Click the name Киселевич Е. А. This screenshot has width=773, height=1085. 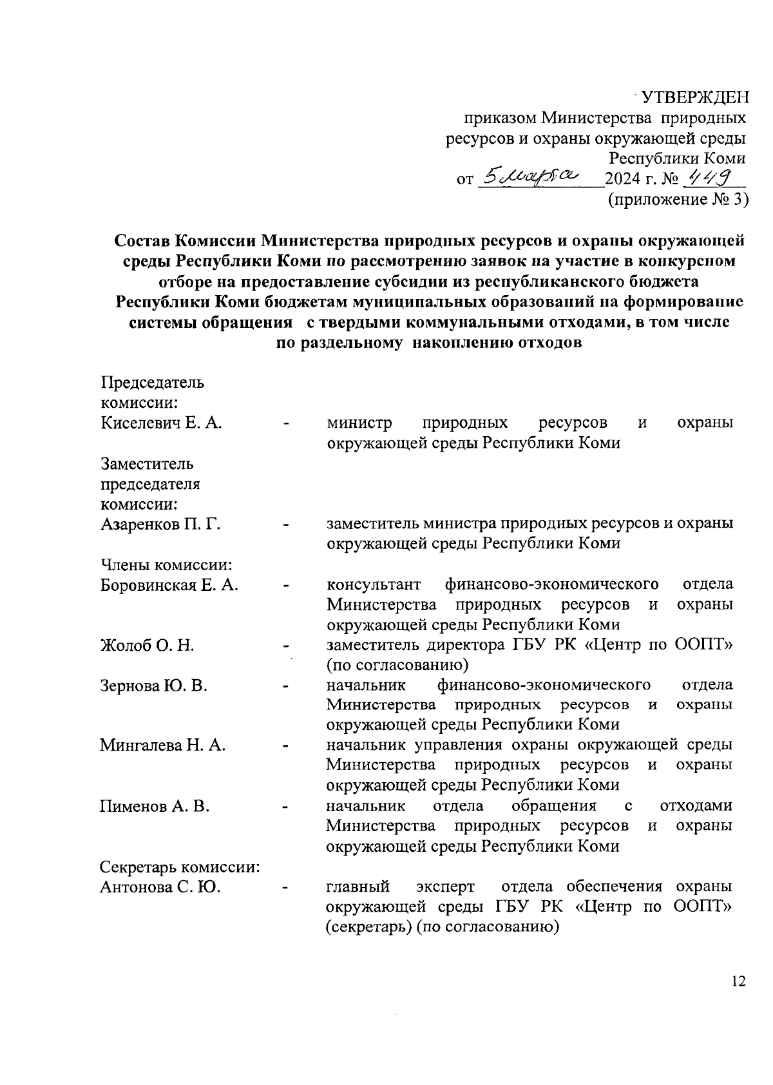pyautogui.click(x=162, y=423)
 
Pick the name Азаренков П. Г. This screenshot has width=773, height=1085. pyautogui.click(x=161, y=524)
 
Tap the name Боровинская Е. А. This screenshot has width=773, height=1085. pyautogui.click(x=169, y=584)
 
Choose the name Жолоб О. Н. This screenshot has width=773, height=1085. pyautogui.click(x=148, y=645)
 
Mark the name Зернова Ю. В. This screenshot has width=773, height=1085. pyautogui.click(x=153, y=685)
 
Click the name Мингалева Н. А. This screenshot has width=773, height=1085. pyautogui.click(x=162, y=745)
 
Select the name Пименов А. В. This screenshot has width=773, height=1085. pyautogui.click(x=155, y=806)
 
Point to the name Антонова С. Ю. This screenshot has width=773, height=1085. pyautogui.click(x=160, y=887)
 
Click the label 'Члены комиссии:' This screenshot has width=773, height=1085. pyautogui.click(x=166, y=564)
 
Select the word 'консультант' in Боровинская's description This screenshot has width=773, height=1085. pyautogui.click(x=374, y=584)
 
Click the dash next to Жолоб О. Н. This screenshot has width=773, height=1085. pyautogui.click(x=287, y=646)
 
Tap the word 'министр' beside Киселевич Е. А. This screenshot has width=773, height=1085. pyautogui.click(x=359, y=423)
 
